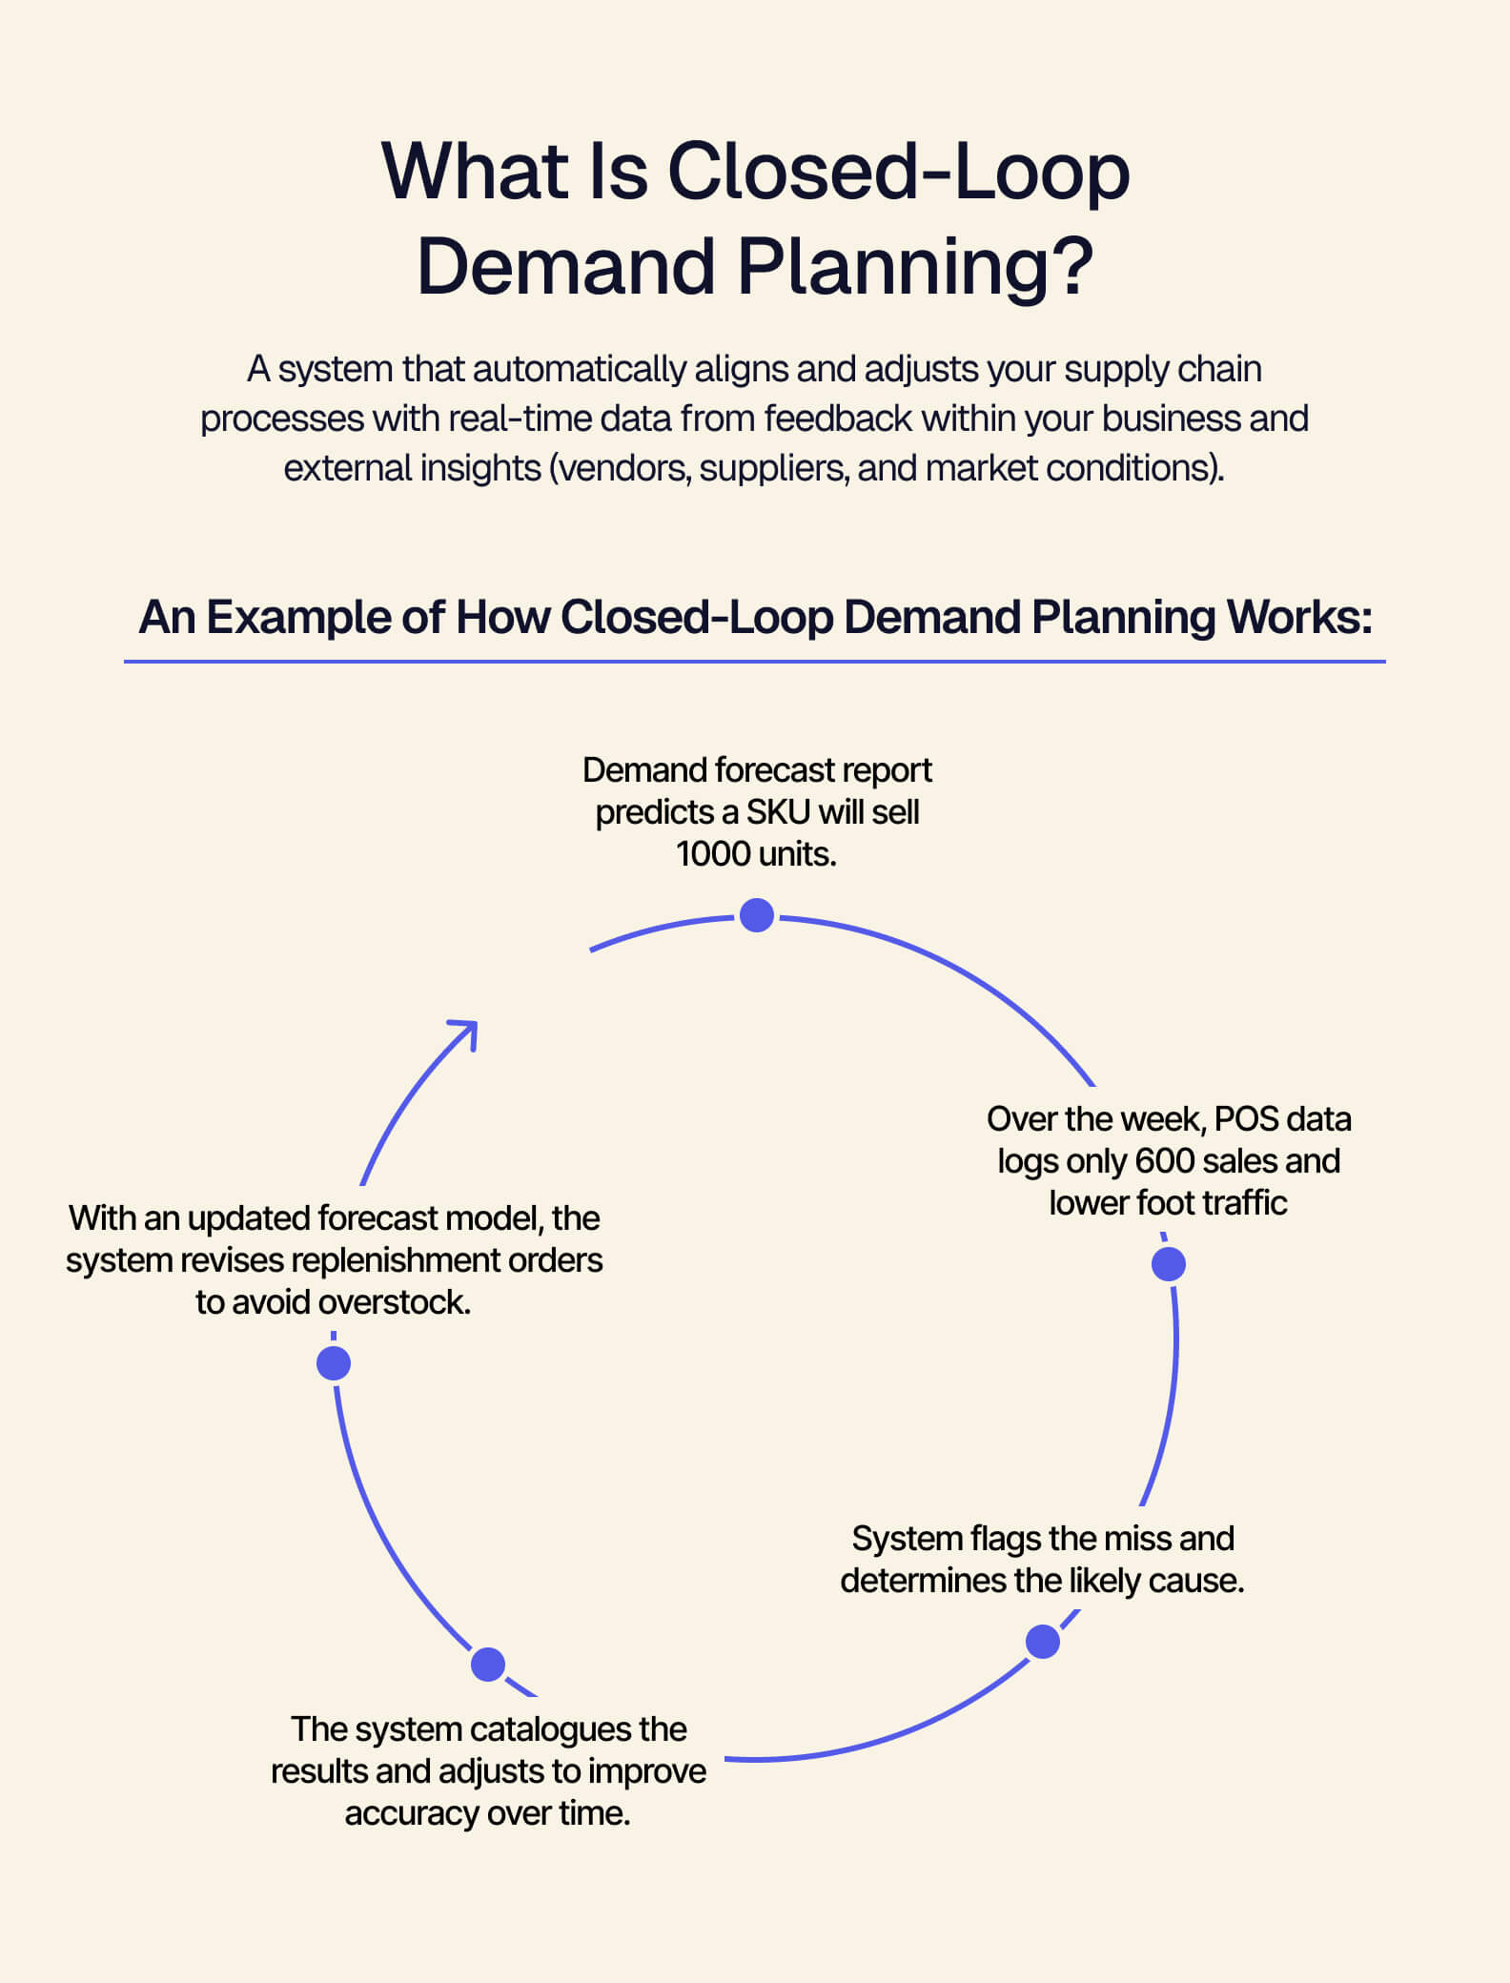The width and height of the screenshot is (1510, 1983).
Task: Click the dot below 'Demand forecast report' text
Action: point(757,915)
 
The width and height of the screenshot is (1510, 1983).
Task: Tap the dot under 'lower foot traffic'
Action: point(1169,1264)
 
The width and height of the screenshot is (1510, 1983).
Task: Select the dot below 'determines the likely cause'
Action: point(1043,1642)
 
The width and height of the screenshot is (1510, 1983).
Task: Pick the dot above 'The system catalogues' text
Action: point(488,1665)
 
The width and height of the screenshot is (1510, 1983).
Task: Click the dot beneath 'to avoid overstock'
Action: point(334,1363)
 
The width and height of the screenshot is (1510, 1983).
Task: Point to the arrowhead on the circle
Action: point(464,1033)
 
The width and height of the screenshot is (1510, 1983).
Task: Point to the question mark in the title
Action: point(1074,265)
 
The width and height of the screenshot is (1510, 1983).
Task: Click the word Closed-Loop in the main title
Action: point(899,172)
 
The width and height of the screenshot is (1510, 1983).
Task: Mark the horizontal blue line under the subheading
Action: point(754,660)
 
